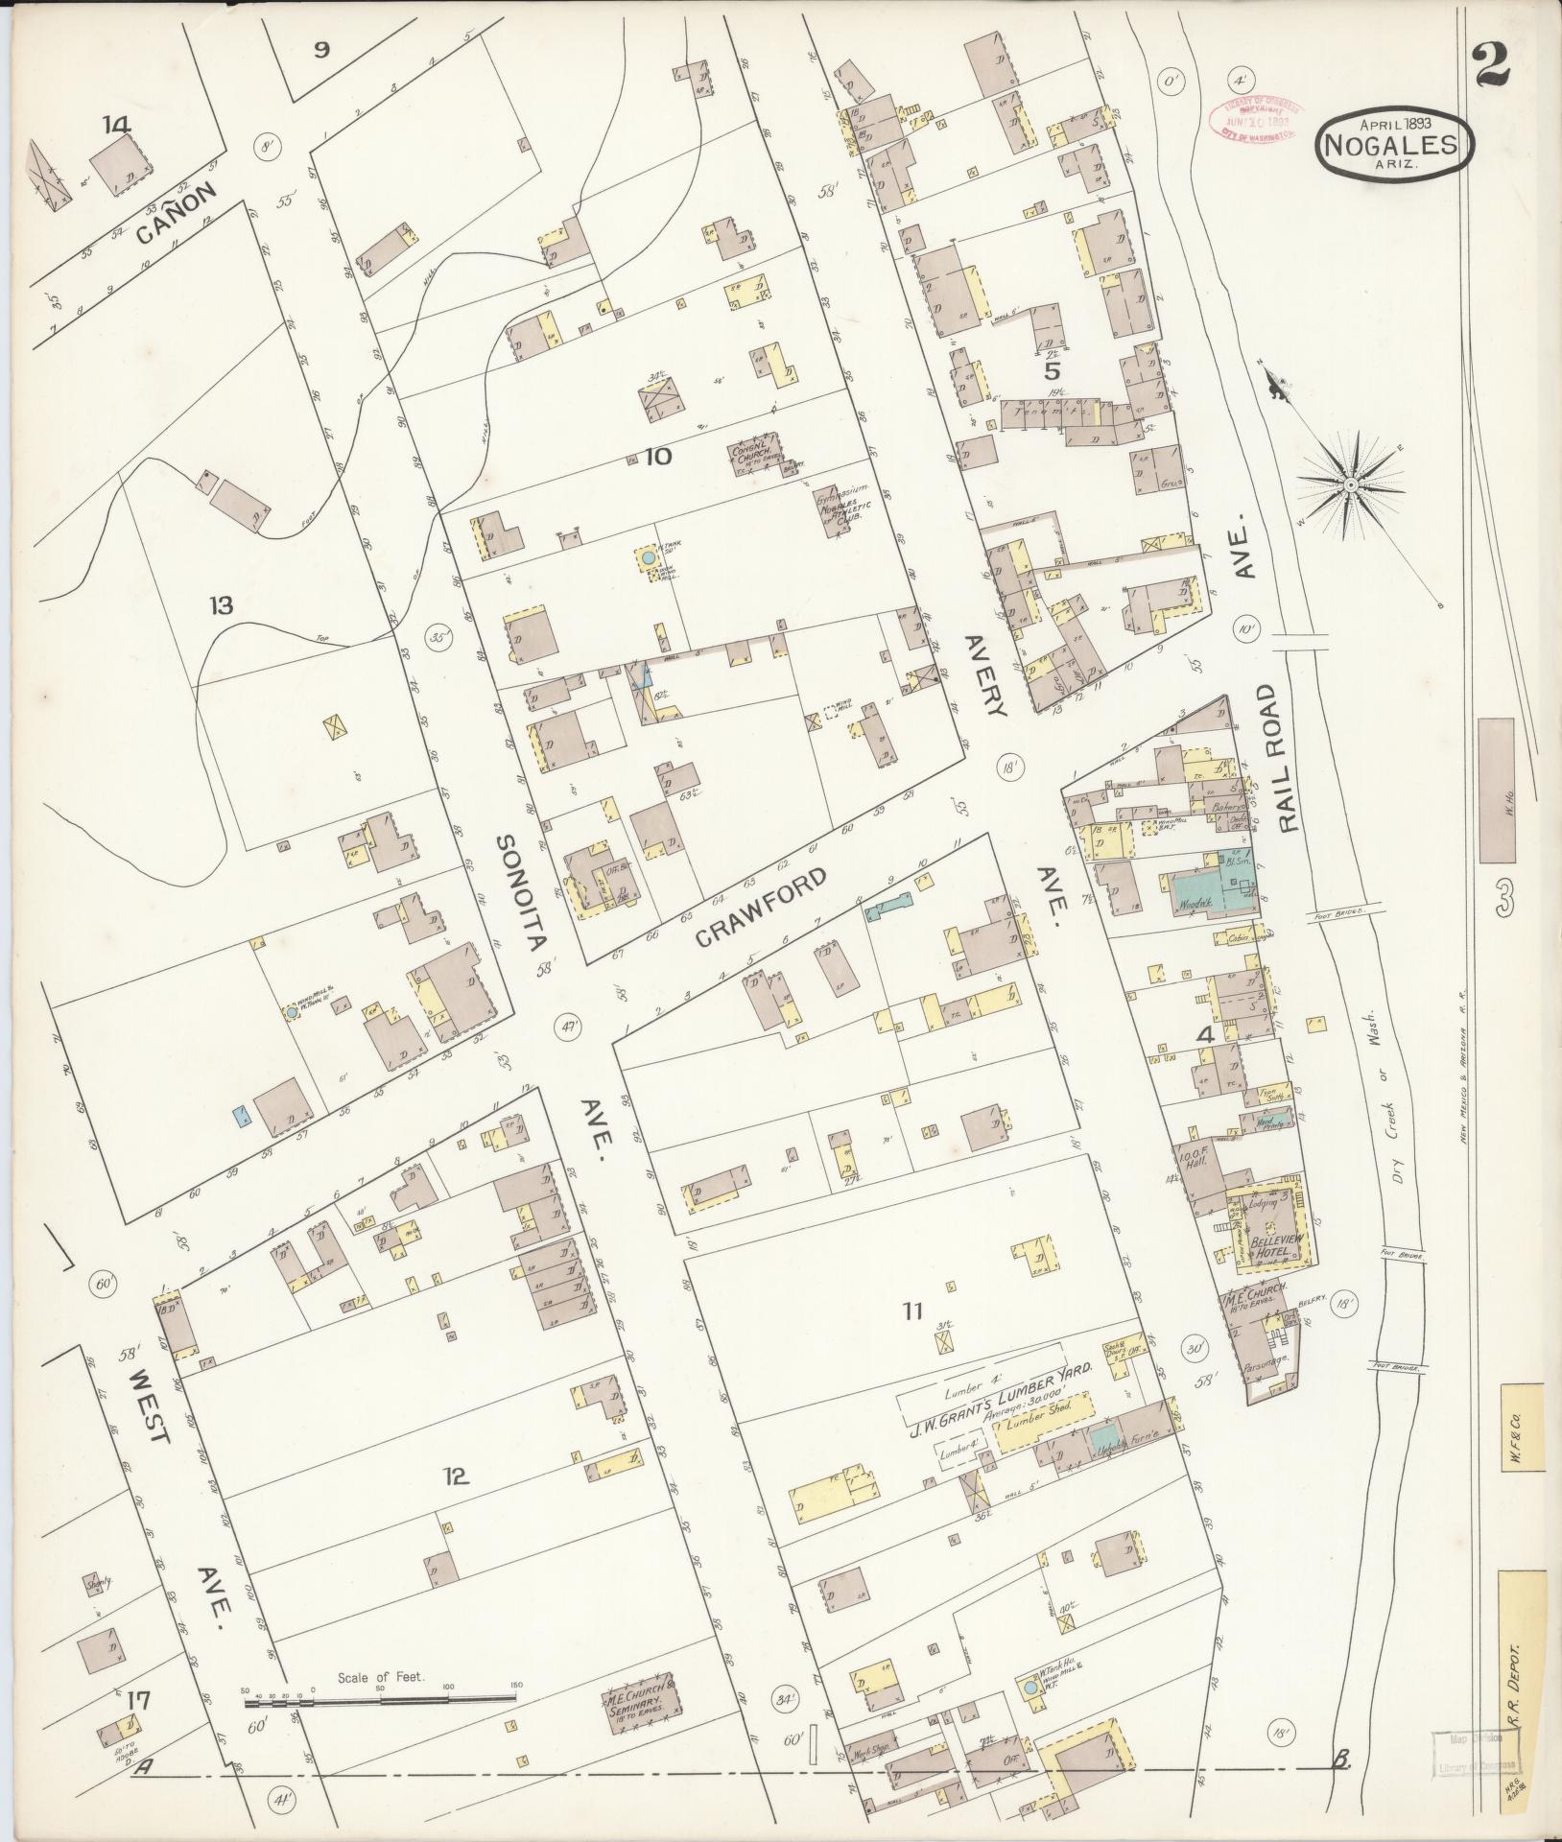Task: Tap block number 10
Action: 658,457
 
